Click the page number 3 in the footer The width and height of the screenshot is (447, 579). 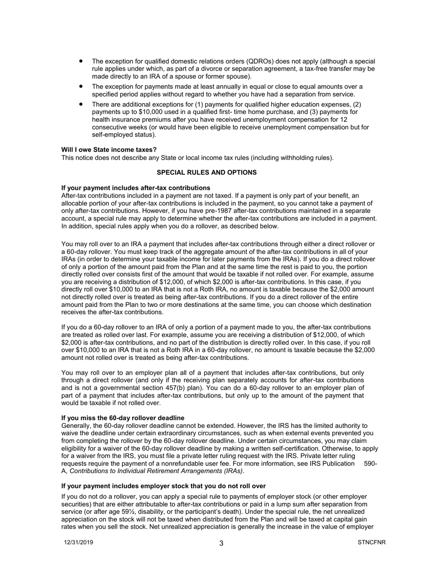point(221,543)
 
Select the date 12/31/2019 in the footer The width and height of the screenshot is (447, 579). point(79,542)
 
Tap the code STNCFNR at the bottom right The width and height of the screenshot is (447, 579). point(372,542)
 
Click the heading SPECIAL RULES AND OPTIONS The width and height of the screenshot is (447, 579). point(207,173)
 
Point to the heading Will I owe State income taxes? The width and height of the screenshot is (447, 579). point(109,150)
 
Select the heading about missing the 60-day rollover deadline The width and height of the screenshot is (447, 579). point(123,418)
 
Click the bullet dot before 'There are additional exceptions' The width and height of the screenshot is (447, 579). point(81,104)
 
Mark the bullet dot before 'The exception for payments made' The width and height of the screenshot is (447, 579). point(81,86)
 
